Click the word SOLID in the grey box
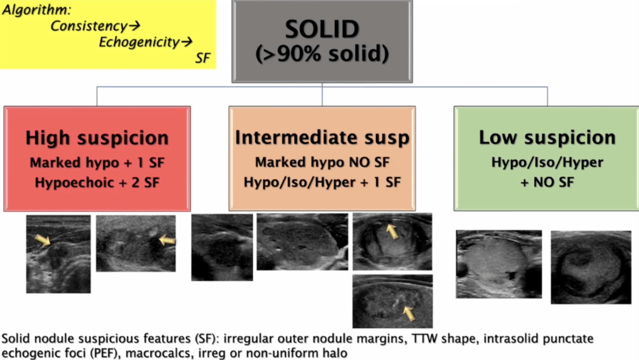tap(322, 29)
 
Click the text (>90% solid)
tap(322, 53)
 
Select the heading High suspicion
tap(97, 137)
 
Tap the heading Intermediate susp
tap(322, 137)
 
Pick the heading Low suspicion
tap(547, 137)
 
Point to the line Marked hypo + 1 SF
tap(97, 162)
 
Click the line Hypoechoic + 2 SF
tap(97, 182)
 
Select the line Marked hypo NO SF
tap(322, 162)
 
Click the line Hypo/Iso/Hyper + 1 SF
tap(322, 182)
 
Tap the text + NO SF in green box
tap(547, 182)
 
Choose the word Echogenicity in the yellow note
tap(139, 42)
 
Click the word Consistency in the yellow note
tap(89, 26)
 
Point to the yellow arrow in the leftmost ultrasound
tap(43, 240)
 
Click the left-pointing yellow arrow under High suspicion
tap(167, 240)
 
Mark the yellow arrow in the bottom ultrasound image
tap(409, 313)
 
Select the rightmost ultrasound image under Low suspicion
tap(591, 267)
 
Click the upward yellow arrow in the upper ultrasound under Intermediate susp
tap(392, 231)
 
